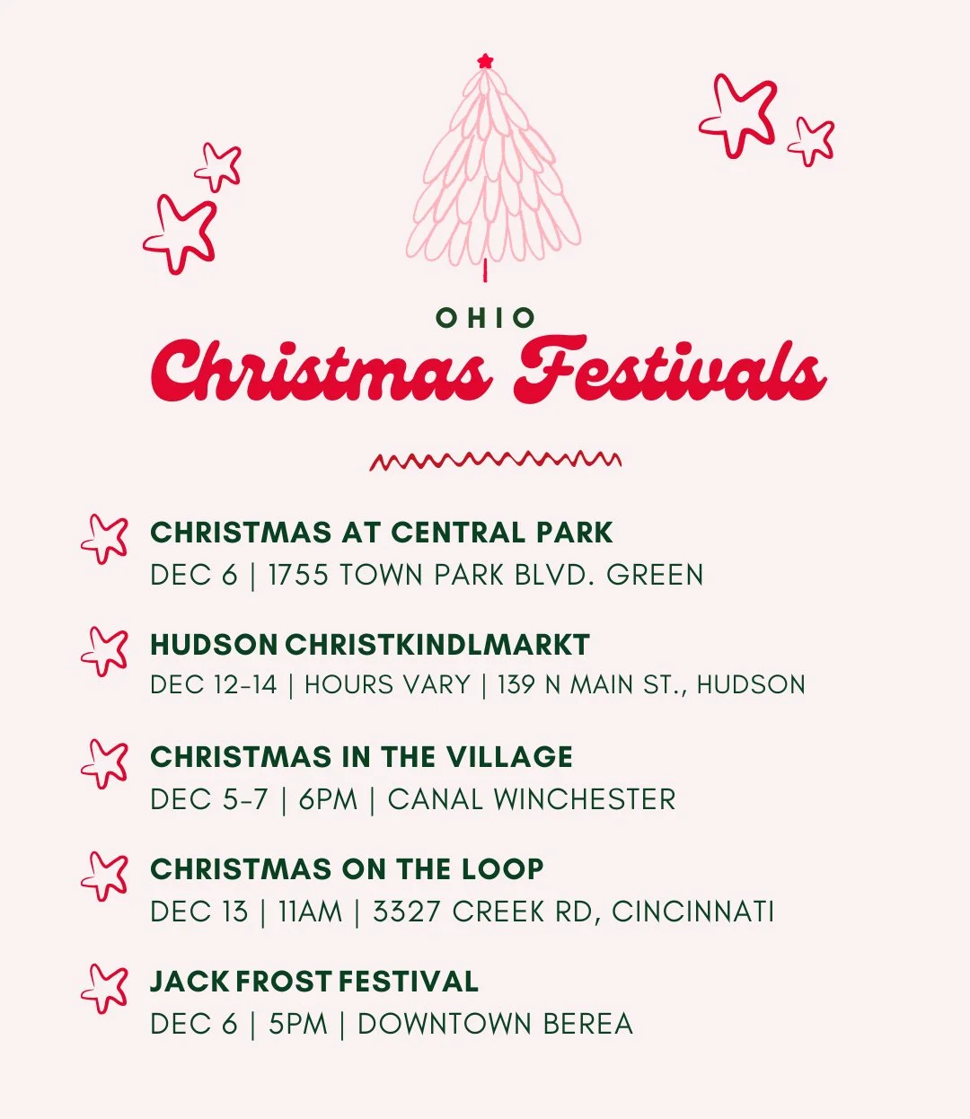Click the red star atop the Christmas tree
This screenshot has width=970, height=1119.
pos(486,61)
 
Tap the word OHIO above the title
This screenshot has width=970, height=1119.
pos(486,318)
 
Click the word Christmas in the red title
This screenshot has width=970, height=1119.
pos(321,371)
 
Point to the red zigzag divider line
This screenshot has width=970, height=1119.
pos(495,461)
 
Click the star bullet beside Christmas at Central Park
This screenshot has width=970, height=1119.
pos(104,539)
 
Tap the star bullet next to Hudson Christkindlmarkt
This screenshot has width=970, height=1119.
pos(104,651)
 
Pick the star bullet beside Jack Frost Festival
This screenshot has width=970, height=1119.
pos(104,988)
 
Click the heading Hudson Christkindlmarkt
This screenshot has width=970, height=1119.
pos(369,645)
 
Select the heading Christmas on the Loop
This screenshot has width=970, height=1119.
pos(347,869)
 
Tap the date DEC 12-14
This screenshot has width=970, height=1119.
pos(214,685)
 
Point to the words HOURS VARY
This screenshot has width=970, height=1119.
pos(387,685)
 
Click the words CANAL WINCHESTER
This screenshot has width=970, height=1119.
pos(532,799)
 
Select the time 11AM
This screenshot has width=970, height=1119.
pos(310,912)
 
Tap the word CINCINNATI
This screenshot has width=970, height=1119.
pos(692,912)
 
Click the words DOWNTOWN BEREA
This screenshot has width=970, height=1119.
pos(495,1024)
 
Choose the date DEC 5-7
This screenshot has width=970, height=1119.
pos(209,799)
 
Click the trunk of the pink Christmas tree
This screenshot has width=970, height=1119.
pos(486,269)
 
